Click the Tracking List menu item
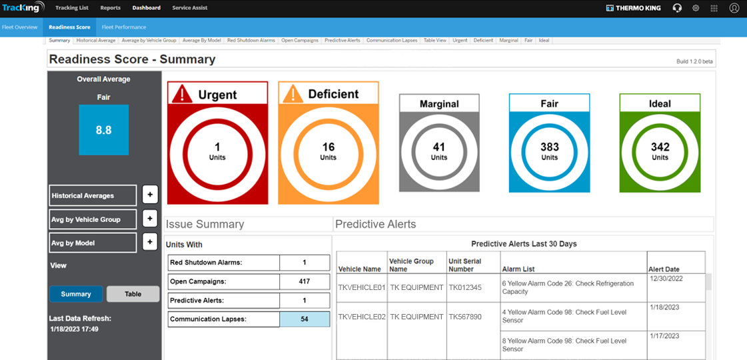click(71, 8)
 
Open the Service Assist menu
click(190, 8)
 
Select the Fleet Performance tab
click(124, 27)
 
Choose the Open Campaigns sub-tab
click(300, 41)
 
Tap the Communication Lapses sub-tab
click(392, 41)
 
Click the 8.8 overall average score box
click(103, 130)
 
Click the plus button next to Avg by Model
click(150, 243)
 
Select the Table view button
click(133, 294)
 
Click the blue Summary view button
click(76, 294)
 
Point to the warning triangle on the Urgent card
click(182, 94)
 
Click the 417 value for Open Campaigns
click(305, 281)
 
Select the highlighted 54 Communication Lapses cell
click(305, 319)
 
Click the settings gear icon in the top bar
click(696, 8)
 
